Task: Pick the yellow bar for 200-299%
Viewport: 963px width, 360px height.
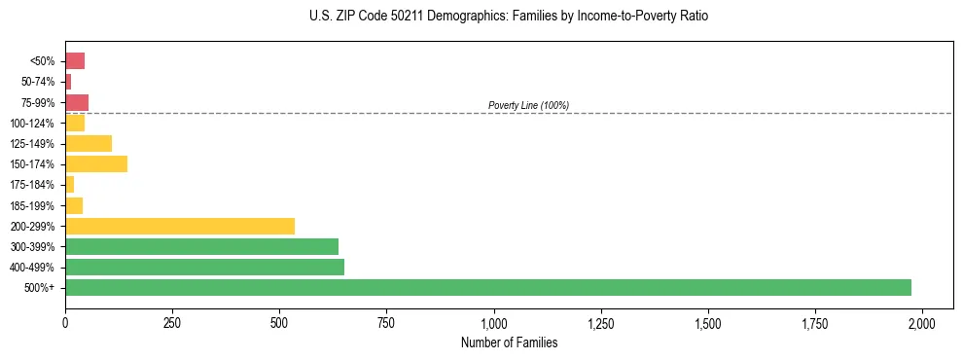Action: coord(180,226)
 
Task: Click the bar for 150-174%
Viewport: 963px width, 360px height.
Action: coord(96,163)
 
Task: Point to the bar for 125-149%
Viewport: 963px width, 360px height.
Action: coord(89,143)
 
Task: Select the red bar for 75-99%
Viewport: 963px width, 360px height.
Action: coord(77,102)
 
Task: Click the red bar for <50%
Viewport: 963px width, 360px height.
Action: coord(75,60)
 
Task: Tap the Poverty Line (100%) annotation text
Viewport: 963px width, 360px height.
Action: coord(528,105)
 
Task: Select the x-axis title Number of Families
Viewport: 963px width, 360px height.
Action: coord(510,342)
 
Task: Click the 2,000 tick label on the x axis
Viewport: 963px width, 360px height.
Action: coord(922,323)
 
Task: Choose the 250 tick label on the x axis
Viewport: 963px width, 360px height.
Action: coord(172,323)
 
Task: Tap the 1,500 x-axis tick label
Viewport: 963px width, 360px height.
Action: coord(708,323)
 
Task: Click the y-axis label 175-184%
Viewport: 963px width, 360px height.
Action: coord(33,185)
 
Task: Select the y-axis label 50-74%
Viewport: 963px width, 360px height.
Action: coord(38,82)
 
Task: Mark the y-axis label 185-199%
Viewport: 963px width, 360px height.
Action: coord(33,205)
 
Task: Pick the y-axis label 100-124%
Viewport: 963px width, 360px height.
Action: coord(33,123)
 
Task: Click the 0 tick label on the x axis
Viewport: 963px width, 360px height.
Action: coord(65,323)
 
